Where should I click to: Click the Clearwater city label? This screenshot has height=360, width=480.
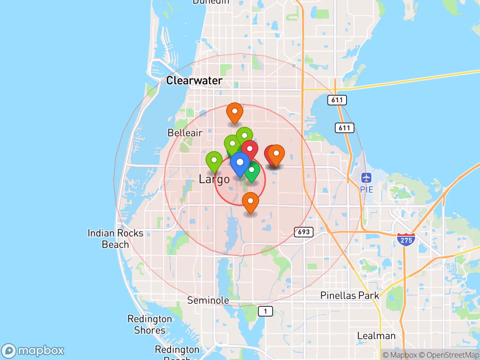point(194,81)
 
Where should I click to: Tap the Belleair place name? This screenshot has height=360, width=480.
point(184,133)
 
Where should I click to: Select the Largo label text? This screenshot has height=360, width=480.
point(214,179)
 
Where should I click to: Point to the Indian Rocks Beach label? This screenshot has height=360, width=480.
point(115,239)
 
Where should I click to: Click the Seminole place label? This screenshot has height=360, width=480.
point(208,300)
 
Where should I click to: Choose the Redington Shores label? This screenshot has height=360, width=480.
point(150,325)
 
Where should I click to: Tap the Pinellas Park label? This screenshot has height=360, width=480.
point(349,295)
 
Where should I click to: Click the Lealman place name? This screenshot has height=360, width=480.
point(376,336)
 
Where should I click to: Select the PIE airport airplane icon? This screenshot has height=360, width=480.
point(366,178)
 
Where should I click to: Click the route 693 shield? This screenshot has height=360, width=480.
point(303,232)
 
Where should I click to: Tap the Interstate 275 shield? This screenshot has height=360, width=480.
point(406,239)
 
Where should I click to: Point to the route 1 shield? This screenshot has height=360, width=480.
point(265,311)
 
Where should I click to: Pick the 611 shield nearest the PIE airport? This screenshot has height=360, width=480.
point(344,128)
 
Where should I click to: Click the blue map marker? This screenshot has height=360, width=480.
point(240,163)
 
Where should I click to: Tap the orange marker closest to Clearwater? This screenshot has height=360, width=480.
point(235,112)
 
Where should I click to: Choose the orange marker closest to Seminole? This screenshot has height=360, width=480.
point(250,202)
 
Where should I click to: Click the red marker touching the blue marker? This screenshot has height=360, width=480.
point(250,149)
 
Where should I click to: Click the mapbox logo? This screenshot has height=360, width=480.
point(33,351)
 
